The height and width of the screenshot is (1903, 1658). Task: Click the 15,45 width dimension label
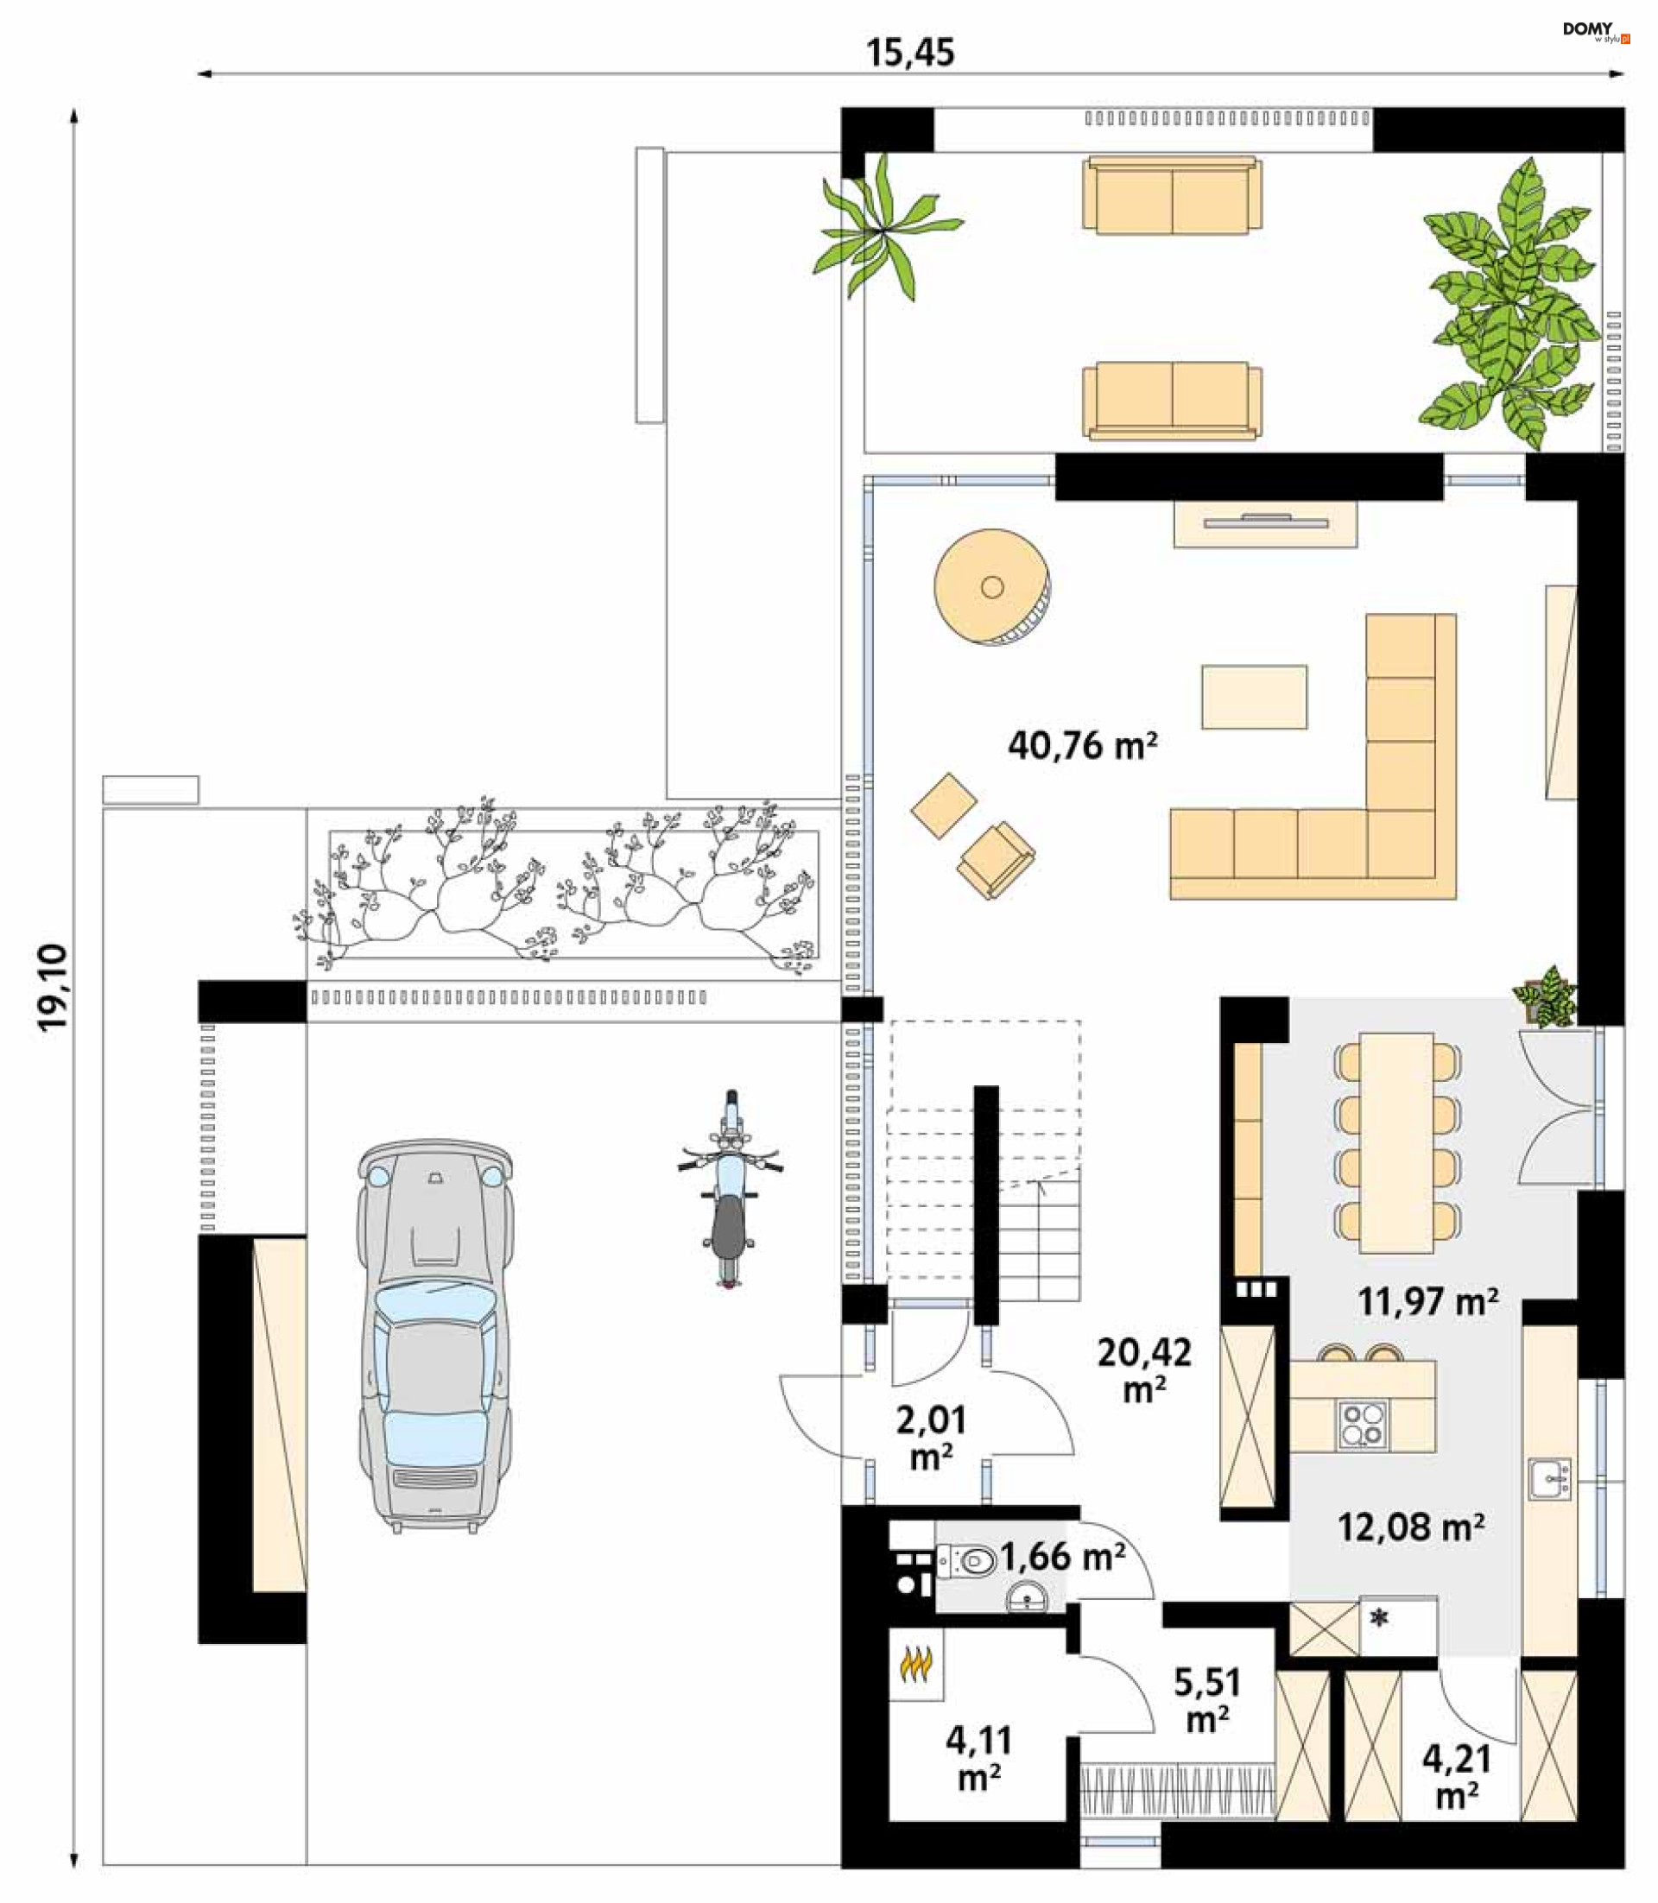pyautogui.click(x=909, y=53)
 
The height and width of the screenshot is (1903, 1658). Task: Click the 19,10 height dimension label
pyautogui.click(x=53, y=987)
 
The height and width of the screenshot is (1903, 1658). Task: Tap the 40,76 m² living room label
pyautogui.click(x=1083, y=745)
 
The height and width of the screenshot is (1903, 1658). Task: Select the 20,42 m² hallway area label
pyautogui.click(x=1144, y=1370)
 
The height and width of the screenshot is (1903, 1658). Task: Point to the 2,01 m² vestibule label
pyautogui.click(x=931, y=1438)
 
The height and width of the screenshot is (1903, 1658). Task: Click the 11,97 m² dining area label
pyautogui.click(x=1427, y=1302)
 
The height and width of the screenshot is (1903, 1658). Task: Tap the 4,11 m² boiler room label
pyautogui.click(x=979, y=1759)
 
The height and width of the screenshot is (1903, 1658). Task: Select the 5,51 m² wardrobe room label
pyautogui.click(x=1207, y=1700)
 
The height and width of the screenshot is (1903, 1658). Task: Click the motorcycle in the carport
pyautogui.click(x=730, y=1189)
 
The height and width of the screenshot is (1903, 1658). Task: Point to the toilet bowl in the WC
pyautogui.click(x=967, y=1563)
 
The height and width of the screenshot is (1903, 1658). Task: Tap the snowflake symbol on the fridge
pyautogui.click(x=1381, y=1618)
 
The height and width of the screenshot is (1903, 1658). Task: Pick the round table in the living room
pyautogui.click(x=992, y=586)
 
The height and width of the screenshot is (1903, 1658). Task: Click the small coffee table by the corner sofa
pyautogui.click(x=1254, y=697)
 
